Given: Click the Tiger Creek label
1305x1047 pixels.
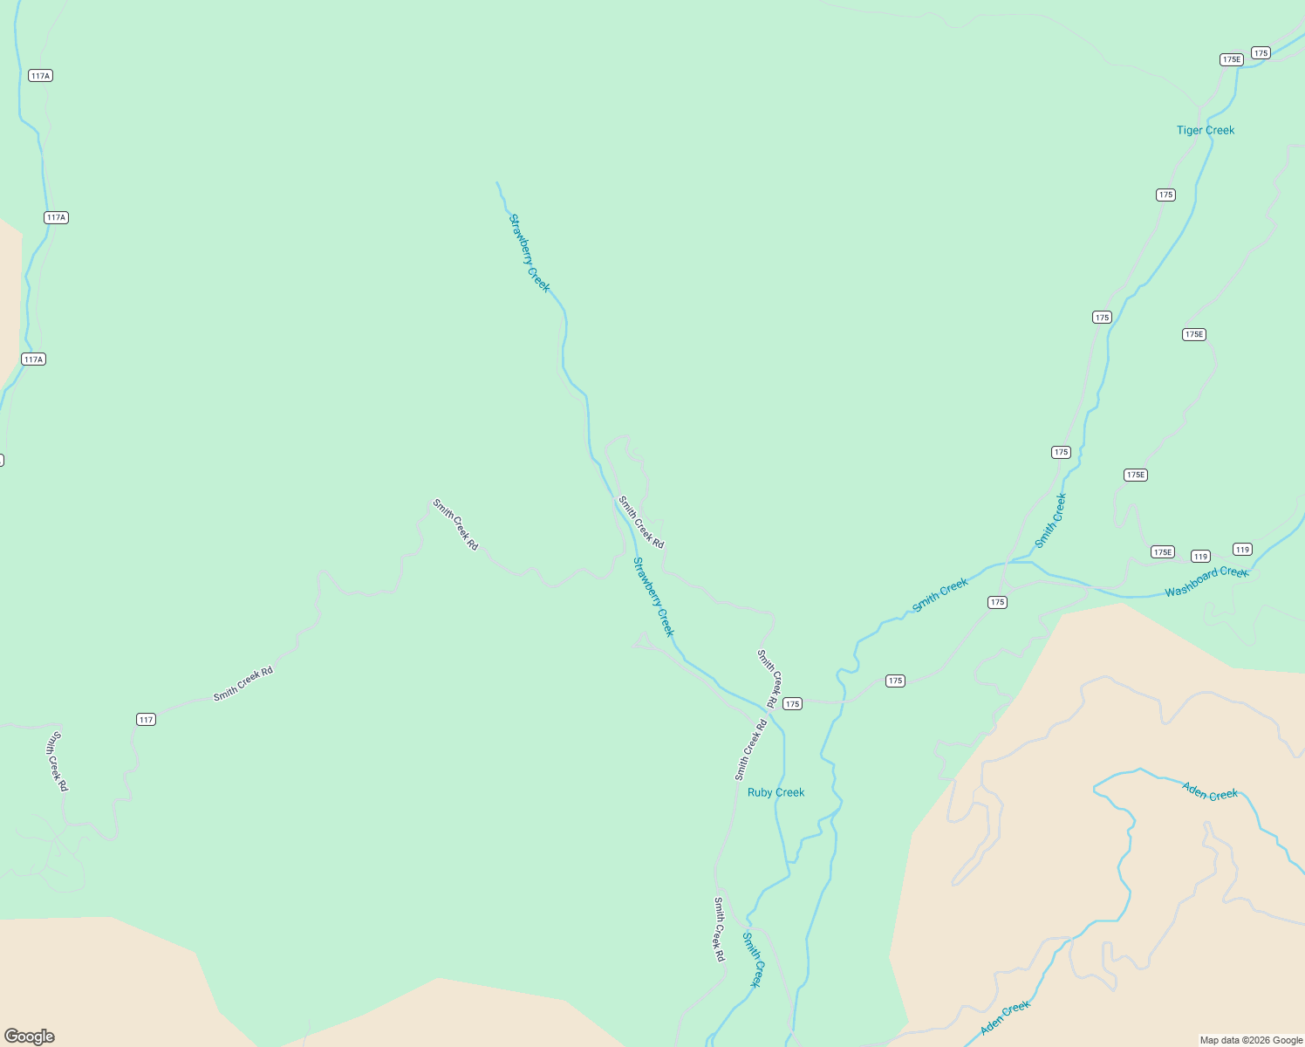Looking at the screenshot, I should click(1206, 130).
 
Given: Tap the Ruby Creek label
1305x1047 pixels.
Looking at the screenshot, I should click(775, 792).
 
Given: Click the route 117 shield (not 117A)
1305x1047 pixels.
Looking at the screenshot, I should click(146, 720).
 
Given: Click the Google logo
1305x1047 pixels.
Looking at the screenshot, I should click(30, 1037).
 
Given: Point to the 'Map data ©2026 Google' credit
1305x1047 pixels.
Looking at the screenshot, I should click(1251, 1040).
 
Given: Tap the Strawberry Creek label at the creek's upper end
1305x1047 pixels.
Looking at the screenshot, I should click(530, 253).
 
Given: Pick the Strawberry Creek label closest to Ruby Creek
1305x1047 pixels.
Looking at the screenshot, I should click(654, 597).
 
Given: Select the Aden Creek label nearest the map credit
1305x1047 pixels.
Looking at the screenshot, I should click(1005, 1018).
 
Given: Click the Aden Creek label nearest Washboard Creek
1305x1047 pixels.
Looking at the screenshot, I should click(1210, 791).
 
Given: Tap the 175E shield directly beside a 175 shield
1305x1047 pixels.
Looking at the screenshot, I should click(1231, 59).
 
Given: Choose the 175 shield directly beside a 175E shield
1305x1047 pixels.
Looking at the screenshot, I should click(1261, 53).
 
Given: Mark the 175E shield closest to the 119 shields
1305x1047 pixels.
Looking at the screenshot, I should click(1163, 552).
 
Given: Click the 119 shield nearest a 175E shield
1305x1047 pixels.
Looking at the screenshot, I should click(1201, 557).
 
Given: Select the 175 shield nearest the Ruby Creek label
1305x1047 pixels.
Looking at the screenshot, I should click(792, 704).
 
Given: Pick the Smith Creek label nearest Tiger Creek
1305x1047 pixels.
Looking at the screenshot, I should click(1050, 521).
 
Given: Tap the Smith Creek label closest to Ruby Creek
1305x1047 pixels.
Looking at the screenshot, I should click(752, 960).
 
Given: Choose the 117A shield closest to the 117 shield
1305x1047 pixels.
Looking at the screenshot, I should click(33, 359).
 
